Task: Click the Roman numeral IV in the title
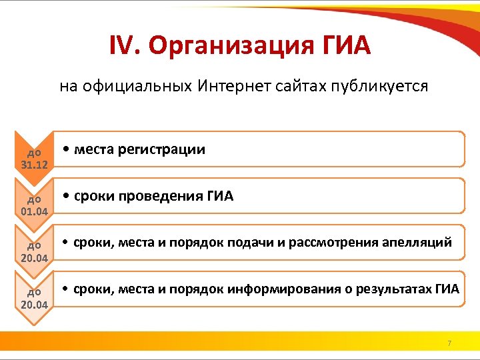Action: (x=124, y=46)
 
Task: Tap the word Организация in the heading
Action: (x=227, y=46)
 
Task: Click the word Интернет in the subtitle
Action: (x=227, y=87)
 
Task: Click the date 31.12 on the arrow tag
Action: (x=35, y=164)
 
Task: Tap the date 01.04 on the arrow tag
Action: (x=35, y=211)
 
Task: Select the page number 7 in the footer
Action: (x=449, y=343)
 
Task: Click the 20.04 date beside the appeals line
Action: (x=35, y=257)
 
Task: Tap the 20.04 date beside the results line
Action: (x=35, y=304)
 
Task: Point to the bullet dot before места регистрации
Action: (x=67, y=150)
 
